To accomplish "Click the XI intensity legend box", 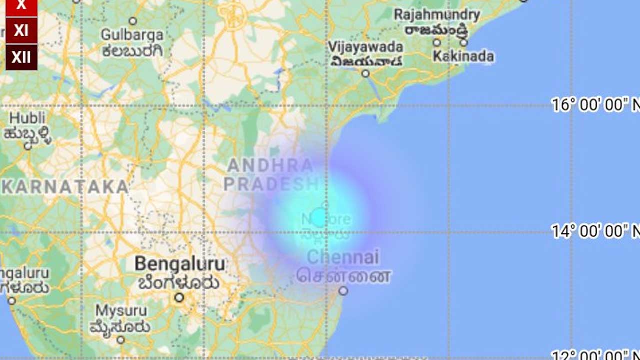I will tap(21, 31).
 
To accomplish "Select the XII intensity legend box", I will tap(21, 57).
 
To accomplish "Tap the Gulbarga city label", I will tap(132, 35).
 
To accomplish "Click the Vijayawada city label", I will tap(366, 47).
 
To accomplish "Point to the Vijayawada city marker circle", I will tap(366, 74).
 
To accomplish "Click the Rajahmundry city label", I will tap(437, 15).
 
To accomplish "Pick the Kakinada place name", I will tap(463, 56).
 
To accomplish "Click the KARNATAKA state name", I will tap(65, 187).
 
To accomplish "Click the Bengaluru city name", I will tap(180, 264).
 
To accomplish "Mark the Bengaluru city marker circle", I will tap(179, 298).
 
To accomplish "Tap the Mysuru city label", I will tap(121, 311).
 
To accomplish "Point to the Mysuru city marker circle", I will tap(121, 340).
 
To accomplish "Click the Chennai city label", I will tap(343, 258).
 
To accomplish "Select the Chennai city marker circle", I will tap(343, 291).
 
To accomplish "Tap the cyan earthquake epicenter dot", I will tap(320, 218).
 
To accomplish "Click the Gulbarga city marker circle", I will tap(133, 21).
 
